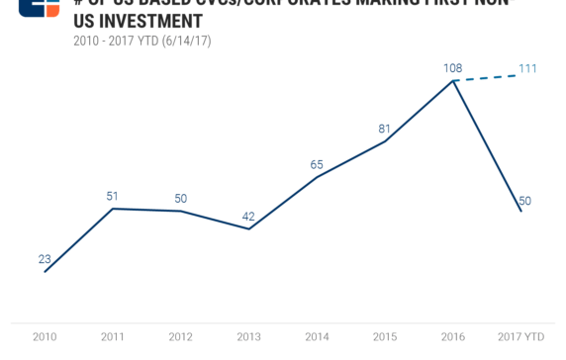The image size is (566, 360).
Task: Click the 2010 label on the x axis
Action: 45,337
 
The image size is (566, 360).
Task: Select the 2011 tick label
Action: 113,337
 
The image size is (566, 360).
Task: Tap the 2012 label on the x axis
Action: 181,337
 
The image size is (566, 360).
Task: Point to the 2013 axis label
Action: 249,337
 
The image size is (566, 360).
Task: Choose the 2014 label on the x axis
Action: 318,337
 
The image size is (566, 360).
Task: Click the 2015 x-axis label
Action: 386,337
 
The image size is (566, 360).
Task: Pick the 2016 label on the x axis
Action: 454,337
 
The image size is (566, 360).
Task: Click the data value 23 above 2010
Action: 45,259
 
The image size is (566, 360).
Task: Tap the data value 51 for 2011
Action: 113,196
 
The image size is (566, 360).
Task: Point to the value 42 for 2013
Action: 249,217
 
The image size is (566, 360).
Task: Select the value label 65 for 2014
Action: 317,164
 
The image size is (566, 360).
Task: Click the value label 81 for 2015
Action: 385,129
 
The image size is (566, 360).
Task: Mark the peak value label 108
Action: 452,68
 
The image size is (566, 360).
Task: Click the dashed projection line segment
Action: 488,78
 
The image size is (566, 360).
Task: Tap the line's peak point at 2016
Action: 454,81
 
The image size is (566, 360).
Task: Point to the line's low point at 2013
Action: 249,229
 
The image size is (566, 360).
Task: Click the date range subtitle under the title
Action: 141,42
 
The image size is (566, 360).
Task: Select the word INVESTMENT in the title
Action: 139,19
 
